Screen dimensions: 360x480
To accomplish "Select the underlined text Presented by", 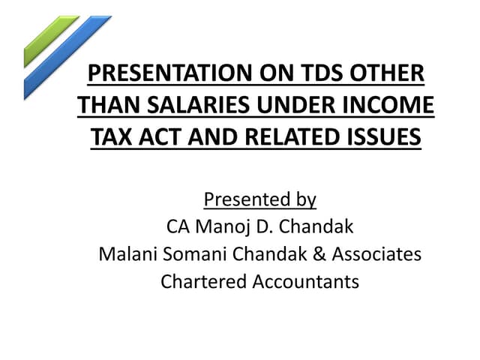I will click(x=259, y=200).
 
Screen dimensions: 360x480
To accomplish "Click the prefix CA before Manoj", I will click(x=177, y=227).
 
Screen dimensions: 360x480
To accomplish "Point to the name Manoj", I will click(x=222, y=227).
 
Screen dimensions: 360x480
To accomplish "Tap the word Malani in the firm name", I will click(x=125, y=254).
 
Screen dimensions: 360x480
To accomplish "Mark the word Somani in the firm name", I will click(x=190, y=254).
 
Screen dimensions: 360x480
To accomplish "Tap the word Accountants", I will click(x=304, y=282).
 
